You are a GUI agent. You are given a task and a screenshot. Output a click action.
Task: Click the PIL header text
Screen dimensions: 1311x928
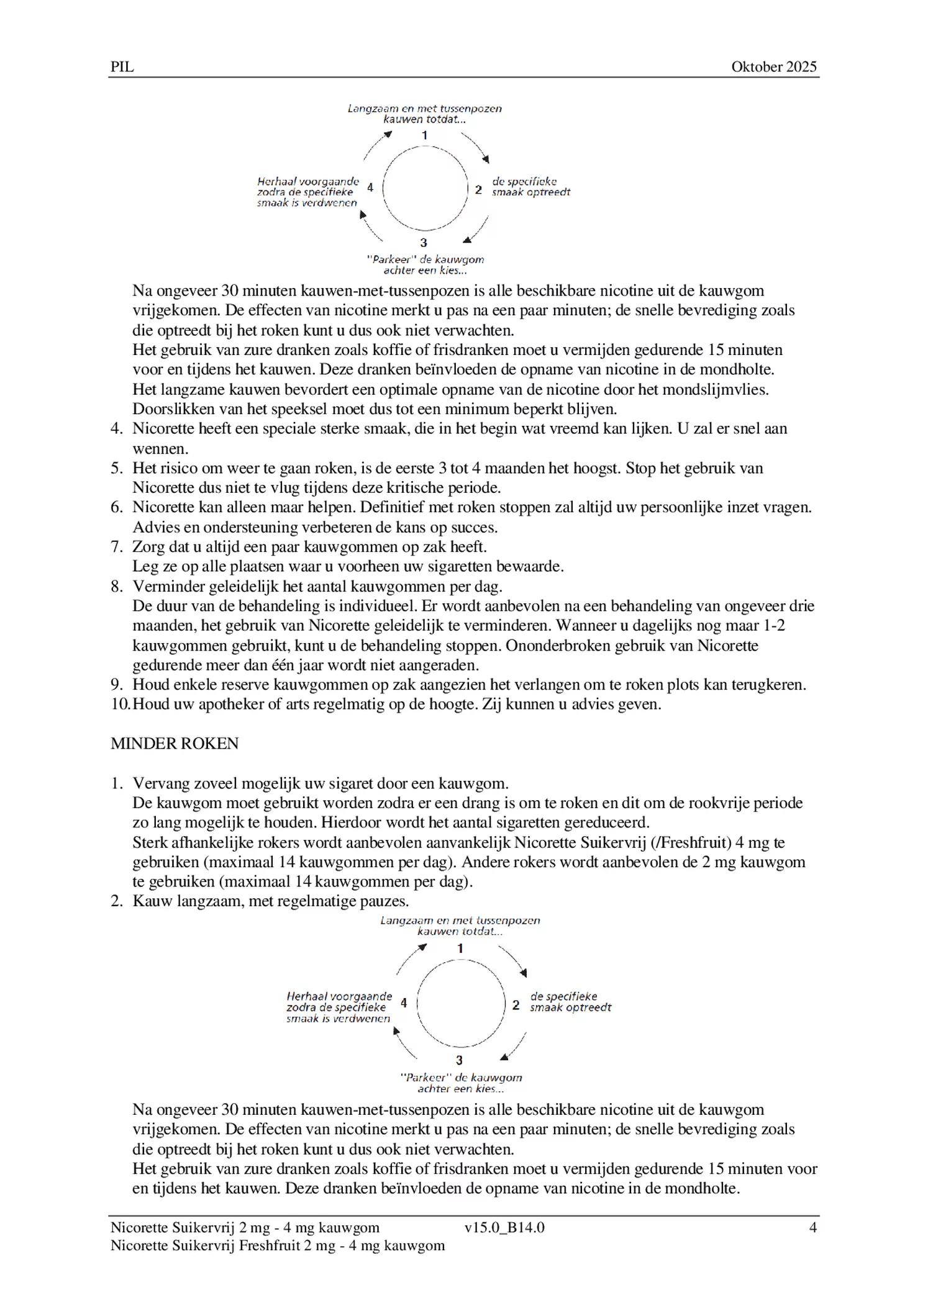point(122,67)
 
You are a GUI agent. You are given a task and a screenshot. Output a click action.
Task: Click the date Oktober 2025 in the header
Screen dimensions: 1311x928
point(773,67)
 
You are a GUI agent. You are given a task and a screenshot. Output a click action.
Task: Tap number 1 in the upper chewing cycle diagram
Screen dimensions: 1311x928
point(424,135)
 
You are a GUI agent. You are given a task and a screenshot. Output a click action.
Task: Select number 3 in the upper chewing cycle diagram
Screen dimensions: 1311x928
point(424,243)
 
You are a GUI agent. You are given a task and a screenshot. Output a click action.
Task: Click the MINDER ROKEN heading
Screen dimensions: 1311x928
point(175,744)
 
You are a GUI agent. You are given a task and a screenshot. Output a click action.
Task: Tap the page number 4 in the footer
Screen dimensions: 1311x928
point(812,1227)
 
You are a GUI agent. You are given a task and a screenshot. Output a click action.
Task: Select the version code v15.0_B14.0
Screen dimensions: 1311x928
point(504,1227)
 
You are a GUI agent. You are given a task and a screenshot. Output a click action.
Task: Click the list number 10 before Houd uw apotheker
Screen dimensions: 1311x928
point(121,705)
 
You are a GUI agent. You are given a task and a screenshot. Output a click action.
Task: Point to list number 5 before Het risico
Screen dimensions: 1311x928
point(117,468)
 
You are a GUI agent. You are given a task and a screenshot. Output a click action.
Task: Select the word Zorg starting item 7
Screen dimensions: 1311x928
point(146,547)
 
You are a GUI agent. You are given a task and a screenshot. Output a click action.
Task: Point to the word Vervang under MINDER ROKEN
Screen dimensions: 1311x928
point(159,783)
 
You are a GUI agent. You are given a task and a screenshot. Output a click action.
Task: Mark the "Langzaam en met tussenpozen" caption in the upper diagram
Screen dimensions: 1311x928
point(424,109)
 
